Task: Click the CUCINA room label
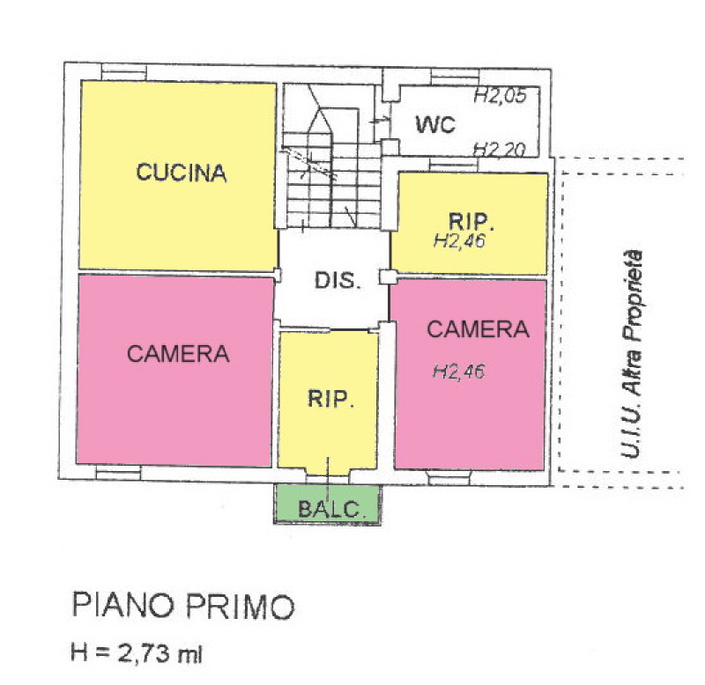click(x=182, y=173)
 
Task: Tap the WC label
click(x=435, y=124)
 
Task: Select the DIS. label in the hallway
click(x=338, y=281)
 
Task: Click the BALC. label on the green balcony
click(x=330, y=509)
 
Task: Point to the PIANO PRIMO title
click(x=183, y=606)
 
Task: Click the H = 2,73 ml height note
click(x=137, y=653)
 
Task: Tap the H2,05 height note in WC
click(x=500, y=95)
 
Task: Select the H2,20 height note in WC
click(x=500, y=149)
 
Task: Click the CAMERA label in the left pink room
click(x=178, y=354)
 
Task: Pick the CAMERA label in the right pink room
click(x=478, y=329)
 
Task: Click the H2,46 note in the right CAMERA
click(x=458, y=372)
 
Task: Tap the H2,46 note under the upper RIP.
click(x=459, y=240)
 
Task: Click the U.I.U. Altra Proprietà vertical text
click(x=632, y=354)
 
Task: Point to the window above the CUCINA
click(x=124, y=72)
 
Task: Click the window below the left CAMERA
click(x=118, y=473)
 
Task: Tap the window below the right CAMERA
click(x=449, y=477)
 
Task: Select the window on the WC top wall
click(x=455, y=77)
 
